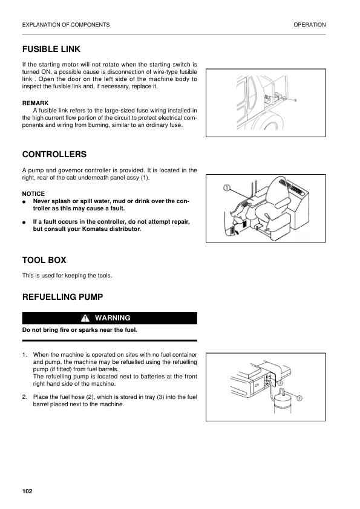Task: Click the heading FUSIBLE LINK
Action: tap(51, 49)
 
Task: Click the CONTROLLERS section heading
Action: tap(54, 155)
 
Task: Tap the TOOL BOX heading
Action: tap(44, 261)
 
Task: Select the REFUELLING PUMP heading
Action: tap(62, 297)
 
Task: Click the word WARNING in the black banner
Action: tap(113, 318)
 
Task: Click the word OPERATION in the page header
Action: tap(309, 25)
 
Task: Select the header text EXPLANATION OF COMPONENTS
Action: tap(65, 25)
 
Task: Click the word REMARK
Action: tap(35, 103)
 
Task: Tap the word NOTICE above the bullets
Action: tap(33, 193)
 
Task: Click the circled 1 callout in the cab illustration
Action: tap(226, 188)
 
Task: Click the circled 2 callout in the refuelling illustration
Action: tap(299, 397)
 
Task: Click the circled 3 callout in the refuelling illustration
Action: tap(280, 383)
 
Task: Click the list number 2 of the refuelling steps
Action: tap(24, 397)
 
